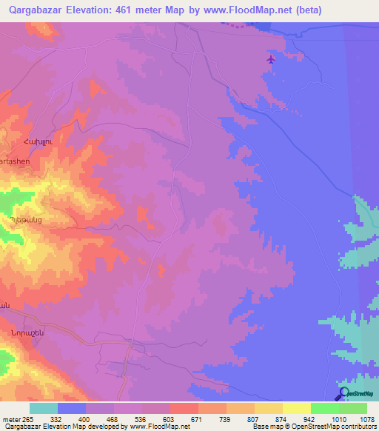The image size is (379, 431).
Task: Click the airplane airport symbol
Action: [x=271, y=59]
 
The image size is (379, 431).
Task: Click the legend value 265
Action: [x=30, y=420]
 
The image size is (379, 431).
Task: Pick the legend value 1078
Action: [x=366, y=420]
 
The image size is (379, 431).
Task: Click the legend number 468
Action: [x=113, y=420]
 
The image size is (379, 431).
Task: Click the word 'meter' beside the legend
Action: [x=11, y=420]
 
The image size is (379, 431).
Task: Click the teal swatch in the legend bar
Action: [x=44, y=408]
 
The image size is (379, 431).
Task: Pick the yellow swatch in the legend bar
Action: [x=297, y=408]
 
